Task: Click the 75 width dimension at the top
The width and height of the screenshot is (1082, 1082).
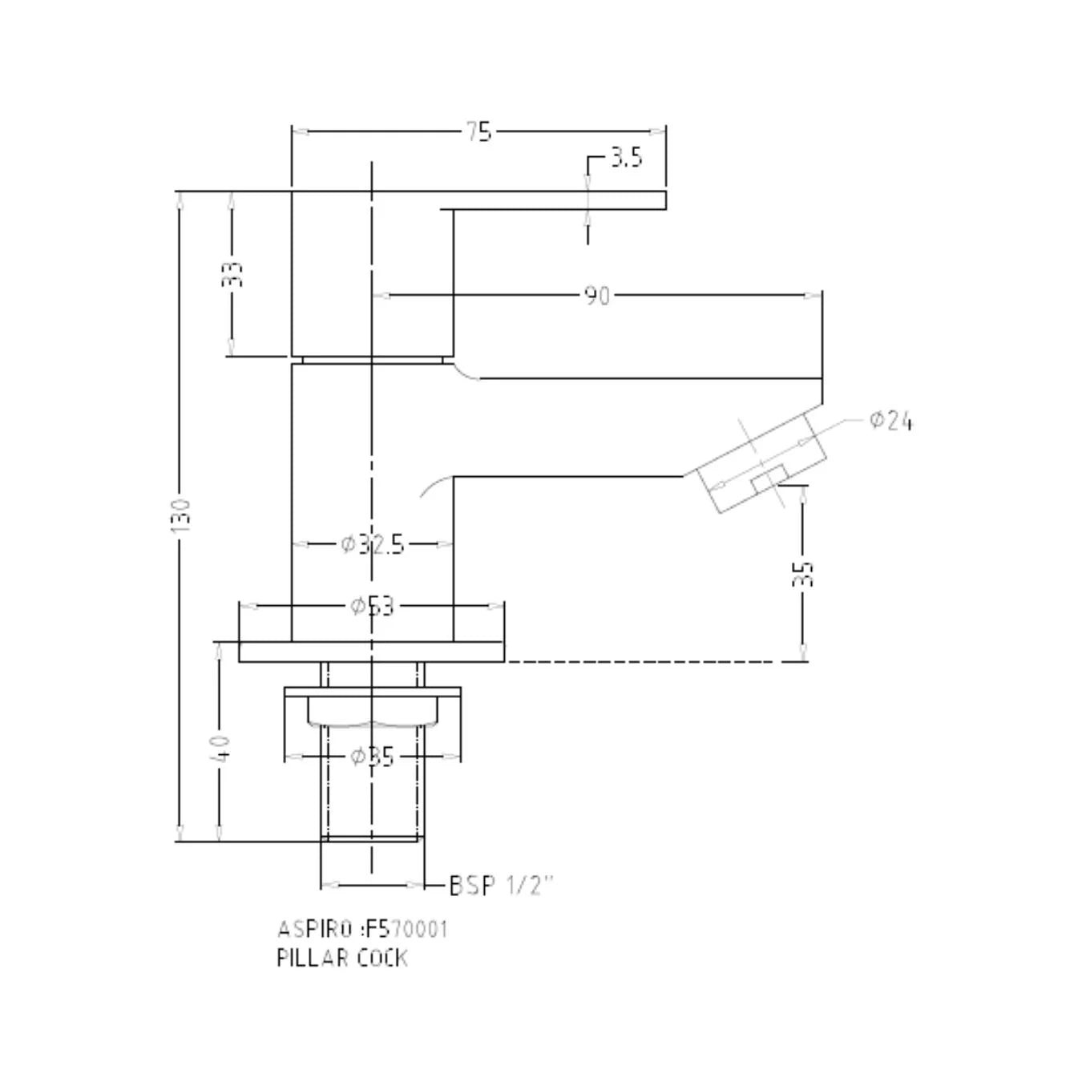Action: click(478, 131)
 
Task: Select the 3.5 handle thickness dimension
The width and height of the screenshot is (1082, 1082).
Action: click(626, 157)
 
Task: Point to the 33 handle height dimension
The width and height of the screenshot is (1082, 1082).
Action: click(232, 274)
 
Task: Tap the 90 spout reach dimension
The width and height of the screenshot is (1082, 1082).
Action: click(596, 296)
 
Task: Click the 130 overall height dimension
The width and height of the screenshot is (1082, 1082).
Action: click(180, 515)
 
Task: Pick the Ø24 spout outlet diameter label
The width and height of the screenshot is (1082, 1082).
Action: click(890, 421)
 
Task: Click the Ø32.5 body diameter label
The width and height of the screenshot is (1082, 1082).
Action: click(373, 545)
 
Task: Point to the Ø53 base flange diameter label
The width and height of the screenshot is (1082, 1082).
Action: click(373, 606)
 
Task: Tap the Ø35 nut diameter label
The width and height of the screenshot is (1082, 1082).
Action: click(373, 756)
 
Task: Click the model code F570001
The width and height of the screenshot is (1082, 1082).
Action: click(406, 930)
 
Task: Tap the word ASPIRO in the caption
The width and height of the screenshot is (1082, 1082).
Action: click(314, 930)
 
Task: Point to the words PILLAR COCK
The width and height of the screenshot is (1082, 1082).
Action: click(342, 958)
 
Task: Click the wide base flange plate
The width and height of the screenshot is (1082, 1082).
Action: click(372, 652)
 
